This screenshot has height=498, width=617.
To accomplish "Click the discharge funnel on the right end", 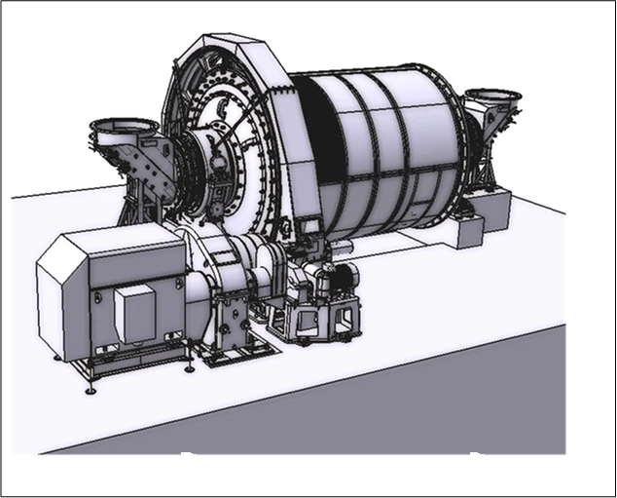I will click(x=491, y=100).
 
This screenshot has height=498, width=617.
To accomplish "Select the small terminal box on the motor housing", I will click(x=133, y=313).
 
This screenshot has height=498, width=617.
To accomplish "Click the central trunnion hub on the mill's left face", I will click(x=209, y=166).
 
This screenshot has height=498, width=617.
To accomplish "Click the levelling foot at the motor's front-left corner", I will click(x=91, y=390).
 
